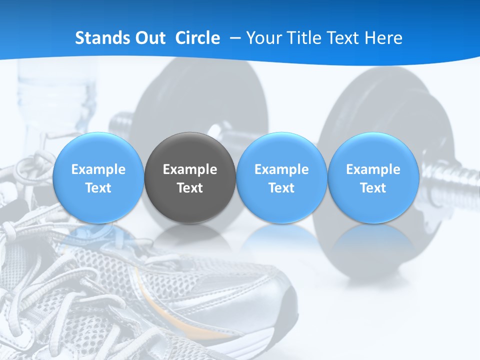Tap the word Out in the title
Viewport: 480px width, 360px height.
tap(148, 38)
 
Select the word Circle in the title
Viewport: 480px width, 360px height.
tap(197, 38)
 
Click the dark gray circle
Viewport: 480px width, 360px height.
tap(190, 178)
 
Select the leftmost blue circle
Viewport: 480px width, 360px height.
tap(98, 178)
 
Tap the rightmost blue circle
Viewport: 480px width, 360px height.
tap(373, 178)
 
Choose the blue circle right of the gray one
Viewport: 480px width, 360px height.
tap(281, 178)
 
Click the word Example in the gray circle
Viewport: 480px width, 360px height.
tap(190, 169)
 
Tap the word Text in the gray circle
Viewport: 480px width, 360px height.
tap(190, 188)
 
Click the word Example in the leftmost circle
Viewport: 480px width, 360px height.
tap(98, 169)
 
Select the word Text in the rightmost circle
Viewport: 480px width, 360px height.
tap(373, 188)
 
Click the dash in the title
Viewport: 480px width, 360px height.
tap(235, 38)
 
